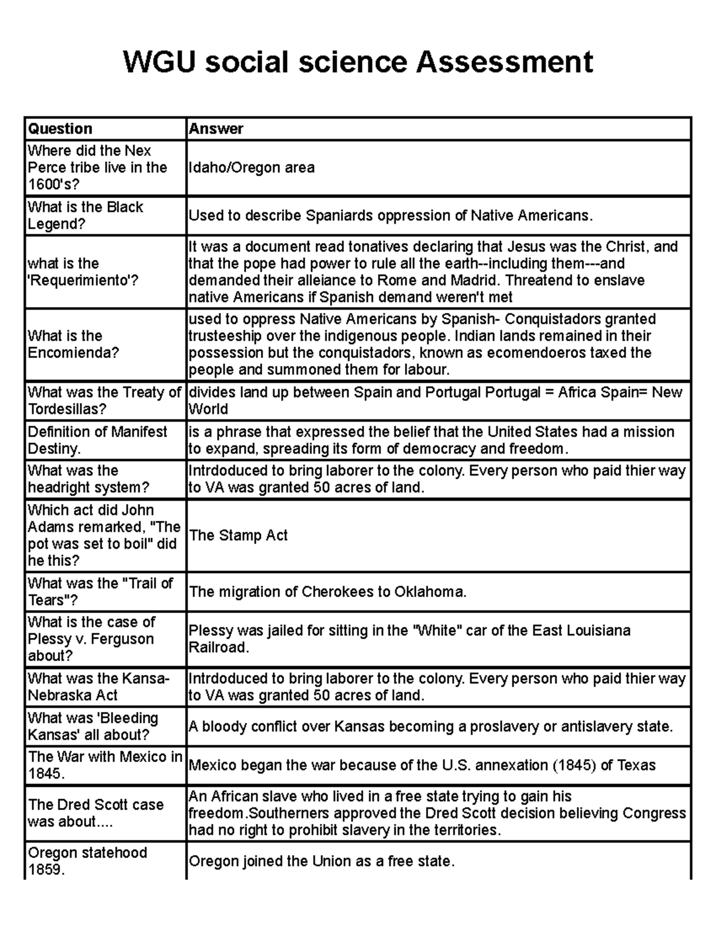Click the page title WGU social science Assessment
(x=358, y=62)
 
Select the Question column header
(x=60, y=129)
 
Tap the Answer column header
(x=216, y=129)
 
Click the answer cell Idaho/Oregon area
(x=251, y=168)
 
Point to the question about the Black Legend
(x=85, y=215)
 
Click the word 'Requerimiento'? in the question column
(x=83, y=280)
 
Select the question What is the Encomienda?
(x=73, y=344)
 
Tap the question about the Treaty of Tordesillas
(x=104, y=401)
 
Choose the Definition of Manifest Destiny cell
(x=97, y=440)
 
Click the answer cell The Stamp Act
(x=238, y=535)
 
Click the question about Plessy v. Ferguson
(x=91, y=639)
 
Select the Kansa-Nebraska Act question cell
(x=98, y=687)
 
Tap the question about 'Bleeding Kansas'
(x=92, y=726)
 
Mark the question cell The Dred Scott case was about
(x=95, y=813)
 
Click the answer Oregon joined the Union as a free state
(x=322, y=861)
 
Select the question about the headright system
(x=88, y=479)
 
